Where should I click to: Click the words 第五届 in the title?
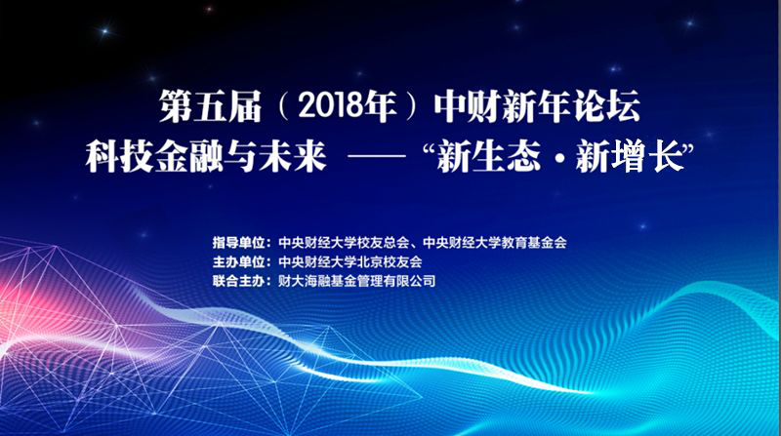pos(211,107)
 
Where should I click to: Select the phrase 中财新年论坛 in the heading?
pos(537,107)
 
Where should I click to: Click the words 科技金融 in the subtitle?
pos(153,156)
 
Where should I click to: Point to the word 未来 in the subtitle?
pos(292,156)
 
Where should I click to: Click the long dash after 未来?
pos(377,157)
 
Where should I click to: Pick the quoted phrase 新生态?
pos(489,156)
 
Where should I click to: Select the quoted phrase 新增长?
pos(629,156)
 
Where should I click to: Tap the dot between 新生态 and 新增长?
pos(558,157)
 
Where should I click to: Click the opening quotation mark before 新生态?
pos(428,148)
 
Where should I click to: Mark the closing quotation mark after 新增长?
pos(688,148)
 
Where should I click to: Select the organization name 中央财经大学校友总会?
pos(344,243)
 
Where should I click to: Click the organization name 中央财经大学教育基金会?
pos(495,243)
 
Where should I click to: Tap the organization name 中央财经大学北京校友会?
pos(350,261)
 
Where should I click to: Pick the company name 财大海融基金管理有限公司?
pos(356,281)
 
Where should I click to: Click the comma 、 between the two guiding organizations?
pos(416,246)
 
